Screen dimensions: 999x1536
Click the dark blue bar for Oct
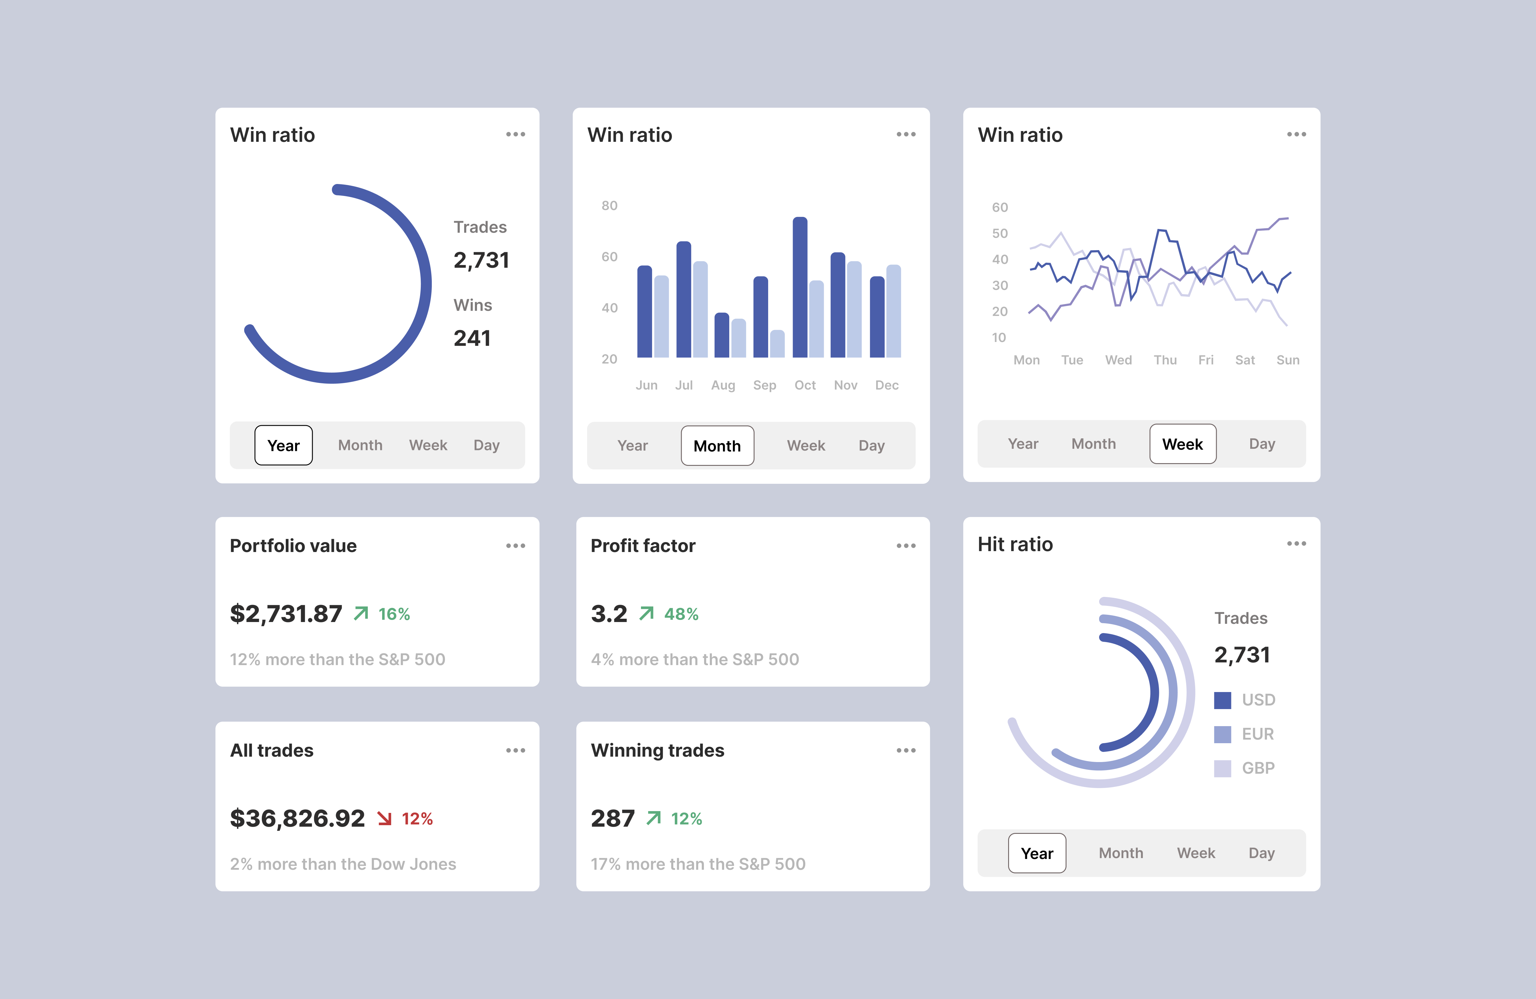800,287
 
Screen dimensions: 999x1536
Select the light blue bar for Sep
778,344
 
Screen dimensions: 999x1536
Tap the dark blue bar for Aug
721,336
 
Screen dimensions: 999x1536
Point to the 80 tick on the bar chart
609,206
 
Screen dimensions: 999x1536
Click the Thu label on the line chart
1165,360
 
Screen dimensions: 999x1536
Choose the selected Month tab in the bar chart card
717,446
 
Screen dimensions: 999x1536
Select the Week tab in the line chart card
1182,444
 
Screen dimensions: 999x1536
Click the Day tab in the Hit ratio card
1261,853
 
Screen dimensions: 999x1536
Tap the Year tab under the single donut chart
283,445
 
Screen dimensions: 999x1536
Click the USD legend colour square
1222,700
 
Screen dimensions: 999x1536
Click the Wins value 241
472,338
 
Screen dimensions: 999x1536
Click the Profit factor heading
643,546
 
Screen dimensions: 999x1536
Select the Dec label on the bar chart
886,385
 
